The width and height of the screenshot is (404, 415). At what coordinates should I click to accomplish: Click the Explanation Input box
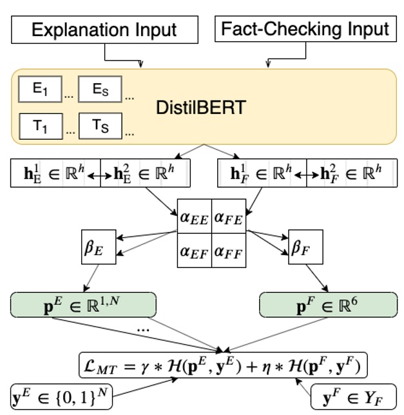pyautogui.click(x=104, y=30)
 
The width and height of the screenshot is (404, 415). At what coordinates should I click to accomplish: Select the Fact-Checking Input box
pyautogui.click(x=305, y=30)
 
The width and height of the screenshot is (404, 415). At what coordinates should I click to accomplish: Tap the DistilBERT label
pyautogui.click(x=201, y=107)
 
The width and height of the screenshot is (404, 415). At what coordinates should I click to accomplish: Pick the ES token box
pyautogui.click(x=100, y=90)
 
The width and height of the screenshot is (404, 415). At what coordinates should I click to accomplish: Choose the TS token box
pyautogui.click(x=100, y=126)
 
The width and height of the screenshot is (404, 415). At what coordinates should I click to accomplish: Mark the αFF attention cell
pyautogui.click(x=228, y=252)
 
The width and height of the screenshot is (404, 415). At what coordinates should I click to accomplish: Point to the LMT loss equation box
pyautogui.click(x=224, y=365)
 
